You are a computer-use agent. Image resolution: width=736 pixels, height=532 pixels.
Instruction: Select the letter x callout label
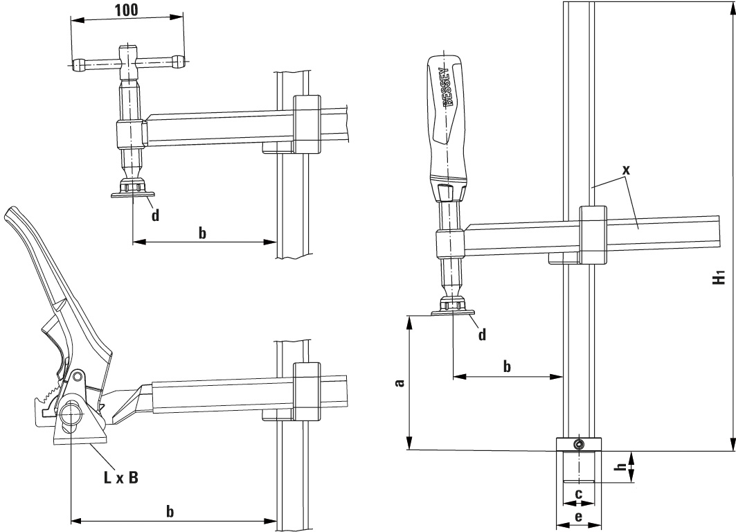tap(627, 170)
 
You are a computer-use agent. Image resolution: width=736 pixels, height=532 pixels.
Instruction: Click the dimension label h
tap(622, 467)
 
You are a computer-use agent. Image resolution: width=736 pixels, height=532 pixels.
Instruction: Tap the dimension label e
tap(577, 517)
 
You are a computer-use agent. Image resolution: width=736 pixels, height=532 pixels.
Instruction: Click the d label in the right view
tap(482, 335)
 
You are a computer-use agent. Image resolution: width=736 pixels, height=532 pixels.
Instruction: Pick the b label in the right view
tap(507, 366)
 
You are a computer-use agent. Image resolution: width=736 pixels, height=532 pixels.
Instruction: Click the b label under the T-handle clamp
tap(202, 232)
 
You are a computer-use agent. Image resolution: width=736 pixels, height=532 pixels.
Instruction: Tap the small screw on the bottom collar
tap(578, 444)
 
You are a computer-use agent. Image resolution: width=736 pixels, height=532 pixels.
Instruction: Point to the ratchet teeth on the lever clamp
tap(49, 396)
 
